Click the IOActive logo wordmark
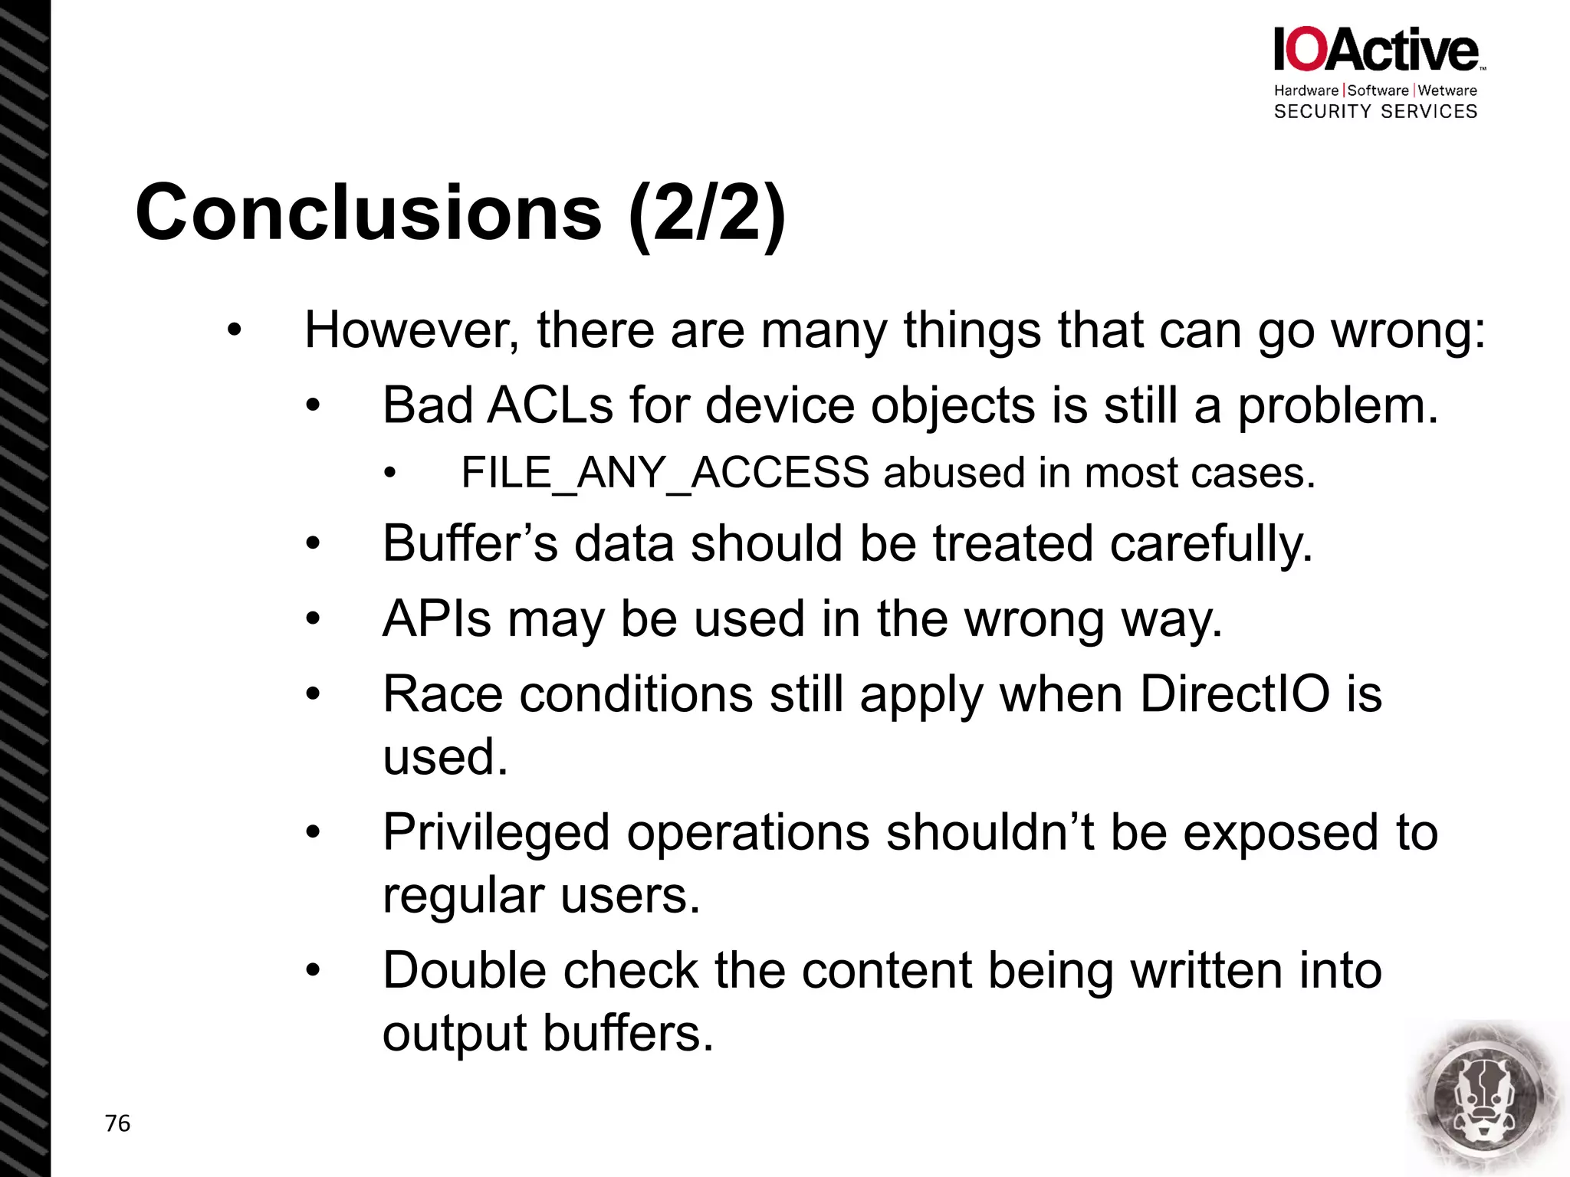tap(1377, 51)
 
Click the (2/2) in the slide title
tap(707, 215)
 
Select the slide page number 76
tap(117, 1123)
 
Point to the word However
tap(411, 330)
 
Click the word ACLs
tap(550, 405)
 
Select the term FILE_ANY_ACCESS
tap(665, 473)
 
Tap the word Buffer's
tap(470, 543)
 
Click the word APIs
tap(436, 618)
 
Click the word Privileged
tap(496, 832)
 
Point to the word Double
tap(465, 970)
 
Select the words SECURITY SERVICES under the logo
tap(1375, 112)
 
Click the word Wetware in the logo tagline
tap(1447, 90)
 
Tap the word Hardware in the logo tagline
tap(1306, 90)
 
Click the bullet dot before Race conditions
tap(312, 694)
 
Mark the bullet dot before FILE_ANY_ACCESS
tap(390, 473)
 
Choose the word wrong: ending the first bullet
tap(1407, 330)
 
